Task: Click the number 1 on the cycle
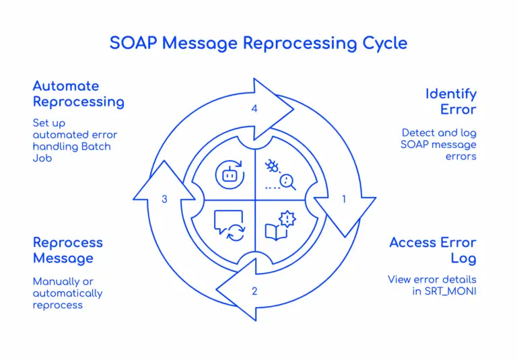point(344,199)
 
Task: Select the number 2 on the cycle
point(254,291)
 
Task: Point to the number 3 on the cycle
point(164,199)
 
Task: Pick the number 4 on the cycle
point(254,108)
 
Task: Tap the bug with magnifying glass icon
point(281,174)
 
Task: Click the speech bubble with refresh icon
point(228,225)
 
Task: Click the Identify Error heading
point(450,102)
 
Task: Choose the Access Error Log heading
point(433,250)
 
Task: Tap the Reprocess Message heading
point(68,250)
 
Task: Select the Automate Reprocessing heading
point(78,94)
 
